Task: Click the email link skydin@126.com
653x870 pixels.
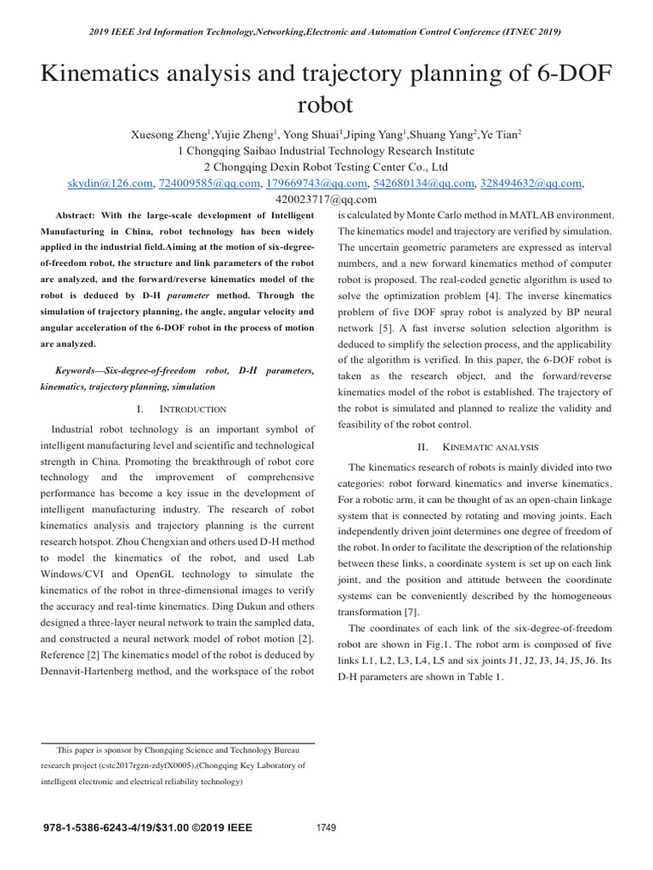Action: pos(109,183)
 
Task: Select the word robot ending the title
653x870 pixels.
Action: pos(326,105)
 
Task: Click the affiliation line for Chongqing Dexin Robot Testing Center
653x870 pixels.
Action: pos(326,167)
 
